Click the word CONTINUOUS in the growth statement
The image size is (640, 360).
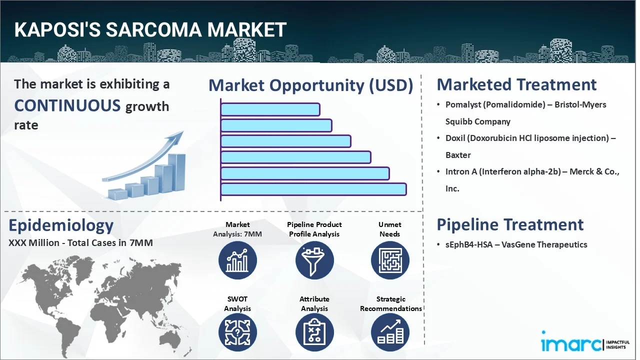67,105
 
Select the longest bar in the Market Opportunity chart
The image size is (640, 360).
313,189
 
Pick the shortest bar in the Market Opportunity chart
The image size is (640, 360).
270,109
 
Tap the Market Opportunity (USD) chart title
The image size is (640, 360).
310,85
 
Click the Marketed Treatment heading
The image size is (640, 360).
516,84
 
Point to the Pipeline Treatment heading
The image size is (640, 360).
510,224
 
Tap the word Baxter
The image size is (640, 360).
458,155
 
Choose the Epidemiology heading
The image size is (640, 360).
61,225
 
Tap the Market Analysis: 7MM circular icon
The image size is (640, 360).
237,260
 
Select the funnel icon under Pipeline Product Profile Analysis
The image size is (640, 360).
314,260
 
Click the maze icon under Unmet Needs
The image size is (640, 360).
390,260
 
